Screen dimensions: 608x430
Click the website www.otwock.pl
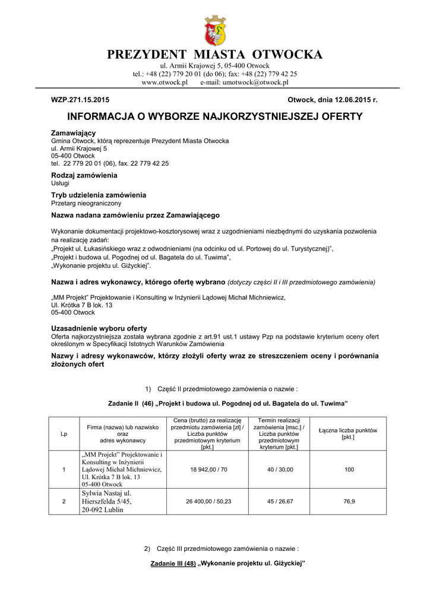(165, 83)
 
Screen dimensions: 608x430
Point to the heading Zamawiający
(74, 132)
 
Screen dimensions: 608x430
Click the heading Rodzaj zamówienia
(84, 175)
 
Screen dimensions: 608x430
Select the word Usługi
(60, 183)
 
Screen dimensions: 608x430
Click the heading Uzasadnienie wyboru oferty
(99, 328)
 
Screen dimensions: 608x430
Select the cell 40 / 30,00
(280, 470)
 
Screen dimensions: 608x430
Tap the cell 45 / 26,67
(280, 502)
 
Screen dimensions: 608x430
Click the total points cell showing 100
(349, 470)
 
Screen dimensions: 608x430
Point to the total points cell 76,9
(349, 502)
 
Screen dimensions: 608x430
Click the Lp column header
(64, 433)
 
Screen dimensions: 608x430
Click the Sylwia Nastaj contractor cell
(107, 502)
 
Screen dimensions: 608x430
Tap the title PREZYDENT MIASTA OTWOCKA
(215, 55)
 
